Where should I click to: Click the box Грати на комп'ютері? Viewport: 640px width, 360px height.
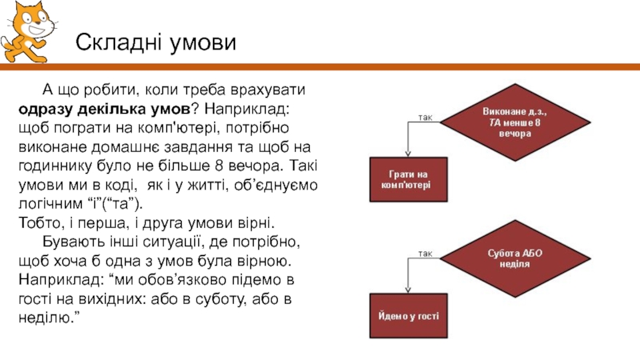click(409, 179)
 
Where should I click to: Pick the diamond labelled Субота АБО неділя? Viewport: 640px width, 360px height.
click(514, 258)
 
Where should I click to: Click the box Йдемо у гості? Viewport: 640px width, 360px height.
click(409, 317)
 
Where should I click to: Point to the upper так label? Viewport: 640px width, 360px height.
click(426, 118)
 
